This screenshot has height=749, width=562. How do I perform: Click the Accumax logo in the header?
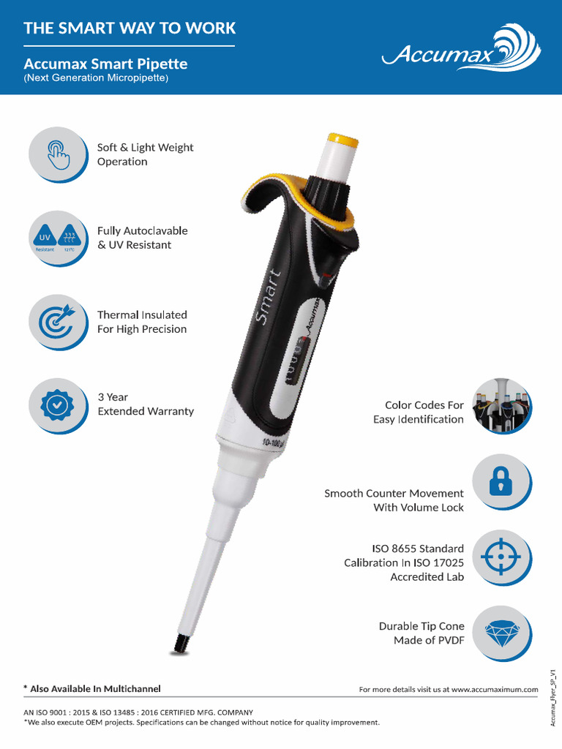point(462,50)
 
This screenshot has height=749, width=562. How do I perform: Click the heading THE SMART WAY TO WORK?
point(130,29)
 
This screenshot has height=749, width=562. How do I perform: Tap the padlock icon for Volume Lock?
point(501,481)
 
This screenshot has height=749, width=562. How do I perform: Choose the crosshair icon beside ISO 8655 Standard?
point(501,557)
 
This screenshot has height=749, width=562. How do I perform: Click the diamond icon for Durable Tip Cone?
point(501,633)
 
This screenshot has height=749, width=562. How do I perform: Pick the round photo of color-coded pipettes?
point(501,405)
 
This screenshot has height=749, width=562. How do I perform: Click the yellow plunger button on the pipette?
point(342,140)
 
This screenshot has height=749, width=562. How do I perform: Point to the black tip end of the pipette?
point(180,643)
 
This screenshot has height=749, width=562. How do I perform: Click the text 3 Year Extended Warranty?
point(146,404)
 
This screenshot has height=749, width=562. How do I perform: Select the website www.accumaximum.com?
point(495,689)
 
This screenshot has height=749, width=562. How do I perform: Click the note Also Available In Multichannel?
point(92,688)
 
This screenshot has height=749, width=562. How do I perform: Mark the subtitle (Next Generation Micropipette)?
point(96,78)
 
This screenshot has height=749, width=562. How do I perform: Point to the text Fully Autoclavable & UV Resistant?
point(143,238)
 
